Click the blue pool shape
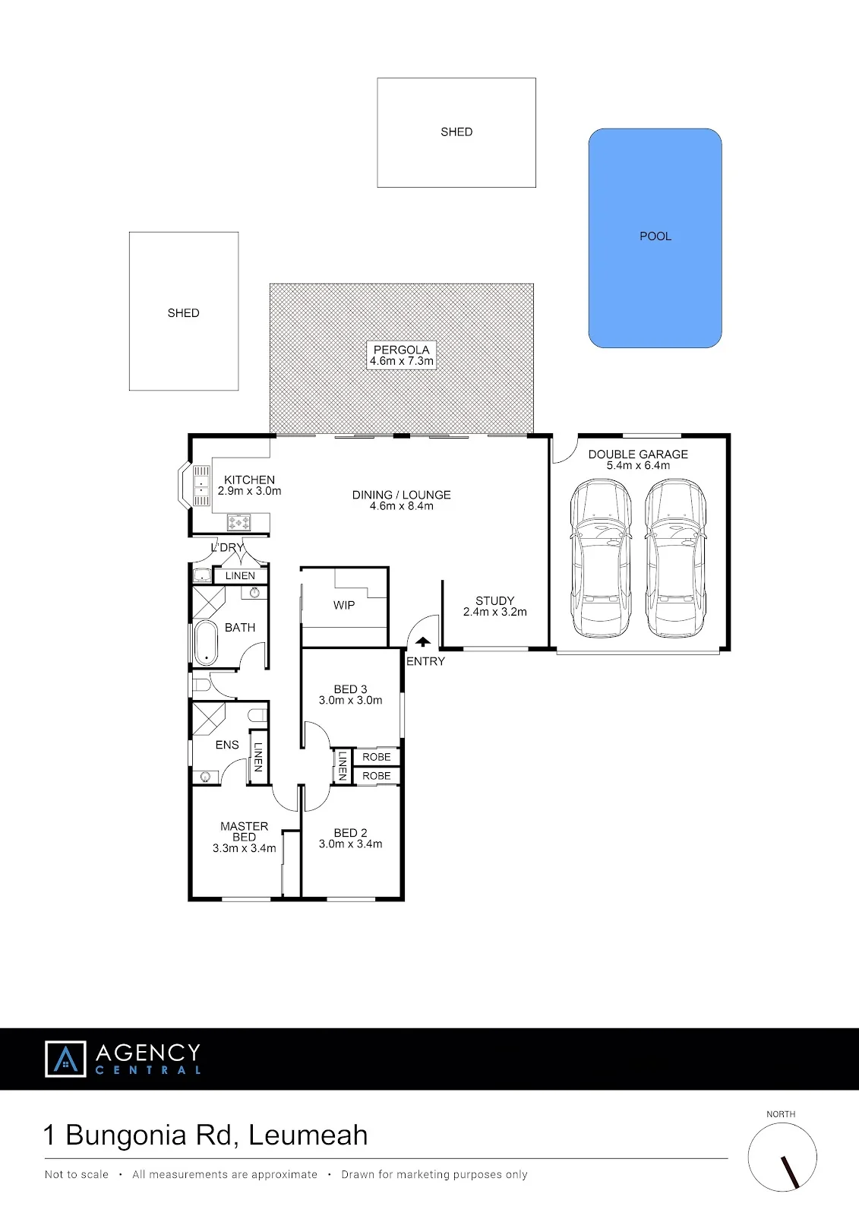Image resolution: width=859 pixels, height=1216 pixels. pos(655,238)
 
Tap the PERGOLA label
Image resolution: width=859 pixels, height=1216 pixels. pos(402,350)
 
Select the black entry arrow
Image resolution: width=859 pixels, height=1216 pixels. pos(423,642)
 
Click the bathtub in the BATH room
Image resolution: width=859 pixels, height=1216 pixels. pos(206,643)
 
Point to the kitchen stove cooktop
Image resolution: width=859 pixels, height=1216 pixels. pos(238,522)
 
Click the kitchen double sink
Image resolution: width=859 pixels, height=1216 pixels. pos(201,486)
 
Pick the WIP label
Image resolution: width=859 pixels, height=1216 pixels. pos(344,605)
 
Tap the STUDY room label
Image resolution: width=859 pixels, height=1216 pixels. pos(495,600)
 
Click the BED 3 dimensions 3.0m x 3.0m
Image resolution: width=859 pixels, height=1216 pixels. pos(351,700)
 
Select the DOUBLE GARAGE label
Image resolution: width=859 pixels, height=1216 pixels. pos(638,454)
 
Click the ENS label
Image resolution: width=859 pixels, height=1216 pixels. pos(227,745)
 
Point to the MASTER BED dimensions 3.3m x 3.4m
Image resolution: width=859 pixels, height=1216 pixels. pos(245,848)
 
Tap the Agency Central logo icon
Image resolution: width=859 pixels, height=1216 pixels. pos(65,1059)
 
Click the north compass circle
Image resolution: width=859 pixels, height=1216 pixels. pos(782,1157)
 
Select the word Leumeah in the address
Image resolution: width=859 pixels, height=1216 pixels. pos(308,1135)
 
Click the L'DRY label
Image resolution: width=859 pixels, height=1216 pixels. pos(227,547)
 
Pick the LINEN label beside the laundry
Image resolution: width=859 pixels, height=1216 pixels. pos(240,575)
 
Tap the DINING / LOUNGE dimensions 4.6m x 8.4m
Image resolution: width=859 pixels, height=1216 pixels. pos(402,506)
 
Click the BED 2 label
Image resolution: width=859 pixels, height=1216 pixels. pos(351,833)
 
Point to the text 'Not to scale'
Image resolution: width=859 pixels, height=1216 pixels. pos(77,1175)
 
